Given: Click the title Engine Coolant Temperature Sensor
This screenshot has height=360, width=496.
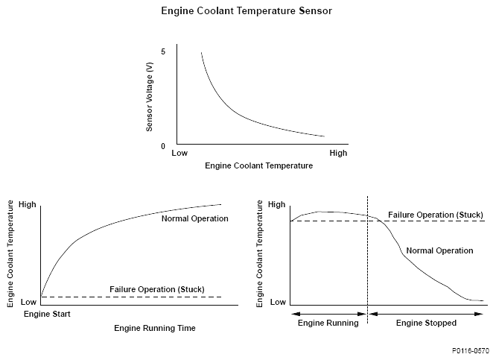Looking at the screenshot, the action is (x=247, y=12).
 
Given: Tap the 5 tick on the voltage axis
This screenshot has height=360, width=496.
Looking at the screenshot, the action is (x=162, y=51).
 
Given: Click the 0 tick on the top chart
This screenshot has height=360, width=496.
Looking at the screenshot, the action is (x=162, y=146).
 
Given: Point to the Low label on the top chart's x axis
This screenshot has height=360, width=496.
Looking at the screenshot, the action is (x=179, y=154).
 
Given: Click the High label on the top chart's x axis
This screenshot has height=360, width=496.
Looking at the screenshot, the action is (x=338, y=154).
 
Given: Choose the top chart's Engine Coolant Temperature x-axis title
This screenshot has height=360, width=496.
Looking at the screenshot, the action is (x=258, y=165).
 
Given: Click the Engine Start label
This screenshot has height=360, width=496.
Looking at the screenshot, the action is (x=47, y=315).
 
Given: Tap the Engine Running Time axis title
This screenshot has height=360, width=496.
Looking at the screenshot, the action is (x=155, y=328).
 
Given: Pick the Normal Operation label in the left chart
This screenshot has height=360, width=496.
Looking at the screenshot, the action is (x=194, y=218).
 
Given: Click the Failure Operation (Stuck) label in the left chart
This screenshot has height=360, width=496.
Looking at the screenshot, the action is (x=156, y=289).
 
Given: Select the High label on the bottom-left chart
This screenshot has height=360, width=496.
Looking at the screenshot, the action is (x=27, y=204).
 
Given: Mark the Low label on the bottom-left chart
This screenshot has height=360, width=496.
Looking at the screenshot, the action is (x=28, y=302).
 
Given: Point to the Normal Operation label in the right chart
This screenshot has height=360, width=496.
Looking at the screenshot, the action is (x=440, y=250).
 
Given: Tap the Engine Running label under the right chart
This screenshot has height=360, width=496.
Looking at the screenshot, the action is (x=328, y=323).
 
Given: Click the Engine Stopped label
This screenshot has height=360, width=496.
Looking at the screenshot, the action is (x=426, y=323).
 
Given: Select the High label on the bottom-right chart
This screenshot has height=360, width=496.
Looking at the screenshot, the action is (x=276, y=204).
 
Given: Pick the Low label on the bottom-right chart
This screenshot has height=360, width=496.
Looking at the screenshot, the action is (x=277, y=302).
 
